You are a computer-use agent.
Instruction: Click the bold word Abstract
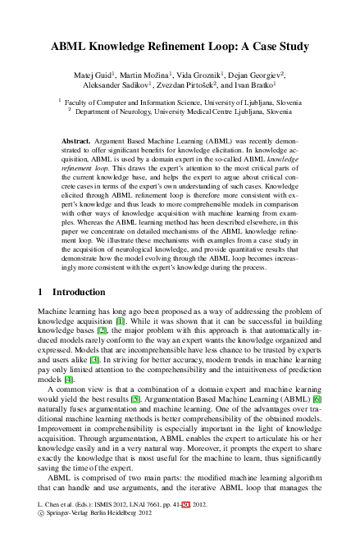[75, 142]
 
